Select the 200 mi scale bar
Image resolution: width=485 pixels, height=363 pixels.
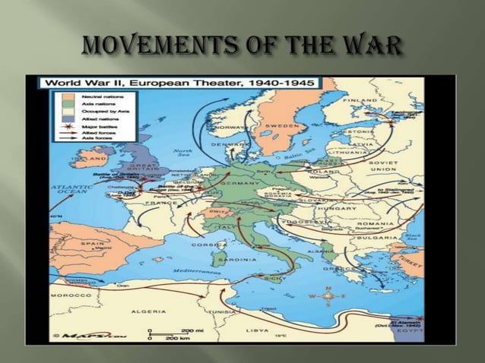tap(171, 331)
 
